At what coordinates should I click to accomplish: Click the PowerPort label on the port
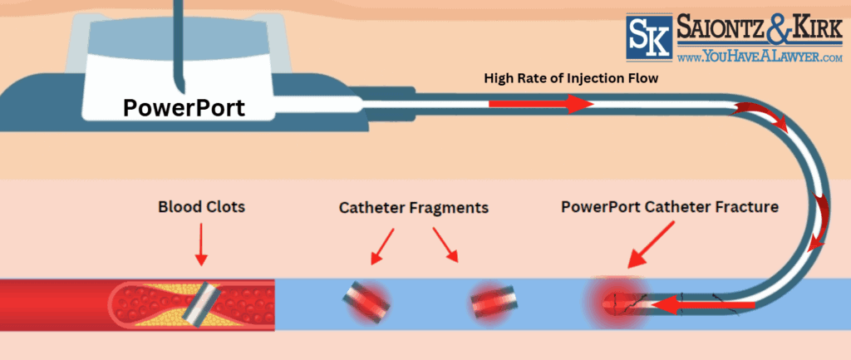coord(184,107)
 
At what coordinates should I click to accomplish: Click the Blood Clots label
coord(202,207)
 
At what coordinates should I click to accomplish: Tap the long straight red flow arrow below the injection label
coord(540,105)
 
